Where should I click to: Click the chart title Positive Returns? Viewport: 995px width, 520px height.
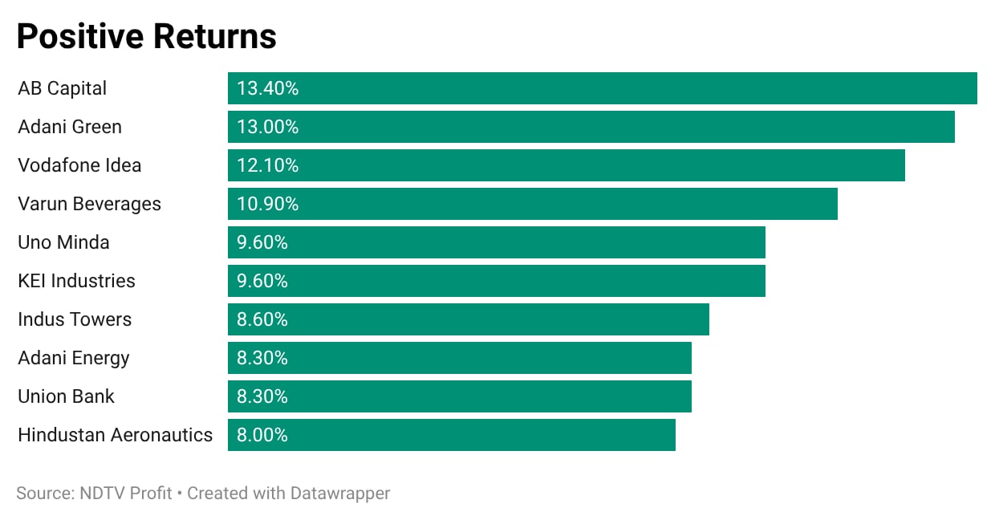click(147, 36)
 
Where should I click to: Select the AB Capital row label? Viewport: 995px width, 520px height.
click(63, 88)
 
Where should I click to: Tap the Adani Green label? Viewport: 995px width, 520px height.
click(70, 127)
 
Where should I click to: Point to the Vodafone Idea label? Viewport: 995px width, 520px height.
click(79, 165)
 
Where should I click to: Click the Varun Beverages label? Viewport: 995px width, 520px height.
click(89, 205)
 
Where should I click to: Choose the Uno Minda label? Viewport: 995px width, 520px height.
click(63, 242)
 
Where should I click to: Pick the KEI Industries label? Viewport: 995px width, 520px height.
click(76, 281)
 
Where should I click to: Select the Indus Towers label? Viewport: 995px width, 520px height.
click(75, 319)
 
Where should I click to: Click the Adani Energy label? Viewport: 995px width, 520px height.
click(74, 359)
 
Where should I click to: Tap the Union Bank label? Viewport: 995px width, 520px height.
click(66, 396)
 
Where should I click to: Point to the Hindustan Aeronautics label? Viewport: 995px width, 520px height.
click(115, 435)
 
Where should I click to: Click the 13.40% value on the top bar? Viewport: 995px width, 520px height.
click(267, 88)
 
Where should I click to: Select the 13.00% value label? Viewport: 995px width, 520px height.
click(267, 127)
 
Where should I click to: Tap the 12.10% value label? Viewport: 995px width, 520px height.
click(267, 165)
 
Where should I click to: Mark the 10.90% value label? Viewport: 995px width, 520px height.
click(267, 204)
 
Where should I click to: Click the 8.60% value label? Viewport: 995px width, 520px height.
click(262, 319)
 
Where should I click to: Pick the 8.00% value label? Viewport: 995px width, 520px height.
click(262, 435)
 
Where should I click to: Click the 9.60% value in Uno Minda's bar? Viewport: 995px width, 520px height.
click(262, 242)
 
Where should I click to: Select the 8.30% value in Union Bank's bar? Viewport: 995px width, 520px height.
click(262, 396)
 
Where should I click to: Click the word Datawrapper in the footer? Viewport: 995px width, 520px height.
click(339, 494)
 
